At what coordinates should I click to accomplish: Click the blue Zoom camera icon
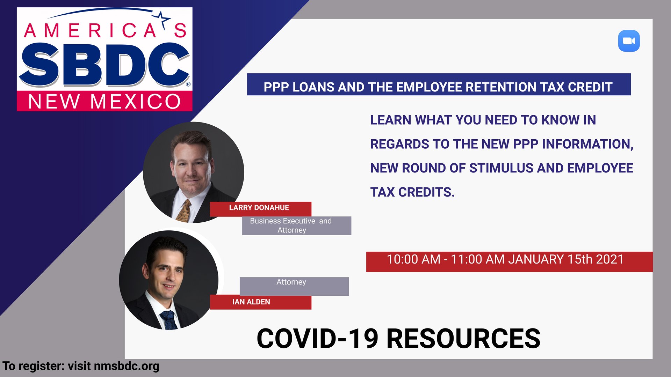pos(629,41)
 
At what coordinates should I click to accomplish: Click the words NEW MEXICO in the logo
pos(104,102)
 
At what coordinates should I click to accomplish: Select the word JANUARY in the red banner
pos(536,259)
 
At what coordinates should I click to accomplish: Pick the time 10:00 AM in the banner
pos(413,259)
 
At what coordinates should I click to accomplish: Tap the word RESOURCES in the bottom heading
pos(463,339)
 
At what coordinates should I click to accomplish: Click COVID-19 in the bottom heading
pos(317,339)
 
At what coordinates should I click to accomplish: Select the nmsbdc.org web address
pos(127,366)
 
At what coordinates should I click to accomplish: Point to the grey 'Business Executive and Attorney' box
pos(297,226)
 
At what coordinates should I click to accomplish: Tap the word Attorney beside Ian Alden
pos(291,282)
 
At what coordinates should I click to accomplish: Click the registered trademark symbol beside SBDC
pos(188,84)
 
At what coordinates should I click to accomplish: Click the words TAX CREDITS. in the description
pos(412,192)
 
